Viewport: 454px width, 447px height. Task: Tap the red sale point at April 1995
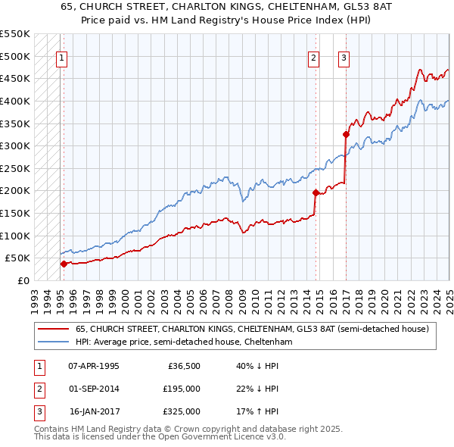point(64,264)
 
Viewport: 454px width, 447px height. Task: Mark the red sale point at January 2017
point(346,134)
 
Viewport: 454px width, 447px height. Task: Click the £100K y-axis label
point(15,236)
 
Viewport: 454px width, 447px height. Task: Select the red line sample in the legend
point(53,329)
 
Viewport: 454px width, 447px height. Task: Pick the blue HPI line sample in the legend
point(53,342)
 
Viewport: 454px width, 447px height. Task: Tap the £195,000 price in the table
point(182,389)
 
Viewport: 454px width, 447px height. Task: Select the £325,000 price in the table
point(182,411)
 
